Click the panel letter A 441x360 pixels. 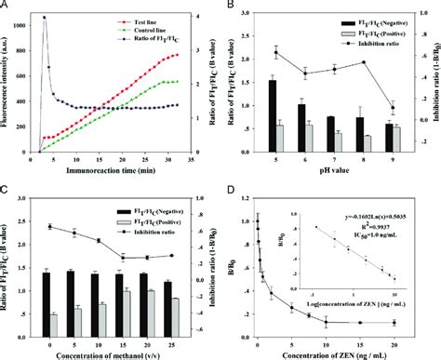pyautogui.click(x=7, y=6)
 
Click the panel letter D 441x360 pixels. pyautogui.click(x=229, y=191)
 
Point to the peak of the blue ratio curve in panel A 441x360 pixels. pyautogui.click(x=44, y=18)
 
